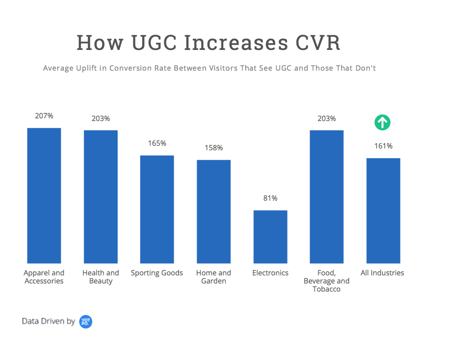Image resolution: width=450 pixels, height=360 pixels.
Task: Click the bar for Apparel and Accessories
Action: (x=44, y=196)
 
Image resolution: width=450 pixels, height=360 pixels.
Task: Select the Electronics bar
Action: (x=270, y=237)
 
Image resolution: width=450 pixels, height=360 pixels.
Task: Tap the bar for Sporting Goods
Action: (x=157, y=209)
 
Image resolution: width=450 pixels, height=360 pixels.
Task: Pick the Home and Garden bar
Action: (x=214, y=211)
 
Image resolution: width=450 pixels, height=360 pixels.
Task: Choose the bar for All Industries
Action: (x=383, y=211)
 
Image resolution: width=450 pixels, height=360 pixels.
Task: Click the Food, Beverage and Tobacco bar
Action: (x=327, y=197)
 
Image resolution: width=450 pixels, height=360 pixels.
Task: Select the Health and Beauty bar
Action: (x=101, y=197)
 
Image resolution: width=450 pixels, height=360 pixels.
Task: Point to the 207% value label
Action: (x=44, y=116)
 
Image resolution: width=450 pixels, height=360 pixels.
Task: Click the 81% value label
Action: (x=270, y=198)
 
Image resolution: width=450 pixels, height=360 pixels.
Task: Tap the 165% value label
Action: (x=157, y=143)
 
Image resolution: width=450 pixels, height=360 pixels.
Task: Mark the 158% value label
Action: (x=214, y=148)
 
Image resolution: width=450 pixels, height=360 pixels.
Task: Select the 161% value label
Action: (x=383, y=146)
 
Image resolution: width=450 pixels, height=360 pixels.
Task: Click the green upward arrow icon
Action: (x=382, y=122)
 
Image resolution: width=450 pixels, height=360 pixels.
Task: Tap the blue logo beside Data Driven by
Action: (x=85, y=321)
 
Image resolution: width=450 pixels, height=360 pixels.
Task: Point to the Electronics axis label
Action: (x=270, y=273)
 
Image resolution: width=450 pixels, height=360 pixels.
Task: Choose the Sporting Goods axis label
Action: (x=157, y=273)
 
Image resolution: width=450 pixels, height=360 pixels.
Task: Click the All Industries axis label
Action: (x=382, y=273)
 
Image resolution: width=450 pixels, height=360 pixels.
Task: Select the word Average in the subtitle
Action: (x=57, y=68)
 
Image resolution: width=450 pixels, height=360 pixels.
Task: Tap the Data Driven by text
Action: (x=49, y=321)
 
